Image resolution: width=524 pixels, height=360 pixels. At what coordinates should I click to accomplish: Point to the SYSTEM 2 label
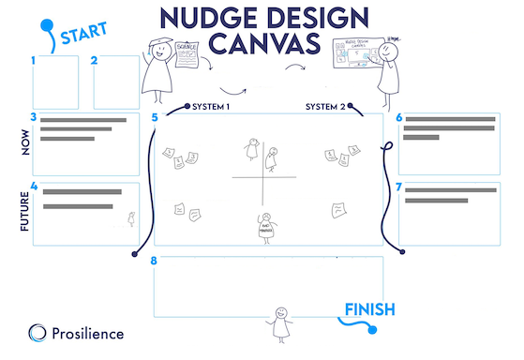[x=328, y=107]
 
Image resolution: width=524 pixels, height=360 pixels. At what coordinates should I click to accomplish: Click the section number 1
[x=34, y=61]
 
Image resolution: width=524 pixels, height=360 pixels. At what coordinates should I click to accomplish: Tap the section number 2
[x=95, y=61]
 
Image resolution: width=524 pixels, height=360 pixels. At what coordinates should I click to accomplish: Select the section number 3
[x=34, y=117]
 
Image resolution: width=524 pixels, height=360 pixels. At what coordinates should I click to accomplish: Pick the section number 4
[x=34, y=186]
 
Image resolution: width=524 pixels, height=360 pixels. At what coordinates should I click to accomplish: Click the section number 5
[x=155, y=117]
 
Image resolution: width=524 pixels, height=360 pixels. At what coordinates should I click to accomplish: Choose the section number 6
[x=399, y=117]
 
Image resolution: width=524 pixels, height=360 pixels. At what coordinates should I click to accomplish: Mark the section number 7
[x=399, y=187]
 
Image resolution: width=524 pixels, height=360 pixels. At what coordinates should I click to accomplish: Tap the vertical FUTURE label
[x=24, y=212]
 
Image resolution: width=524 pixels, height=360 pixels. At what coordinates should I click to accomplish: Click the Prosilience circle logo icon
[x=37, y=332]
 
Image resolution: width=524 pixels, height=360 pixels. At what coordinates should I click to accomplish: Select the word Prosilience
[x=89, y=333]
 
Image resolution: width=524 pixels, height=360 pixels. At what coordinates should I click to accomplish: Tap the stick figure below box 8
[x=277, y=322]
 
